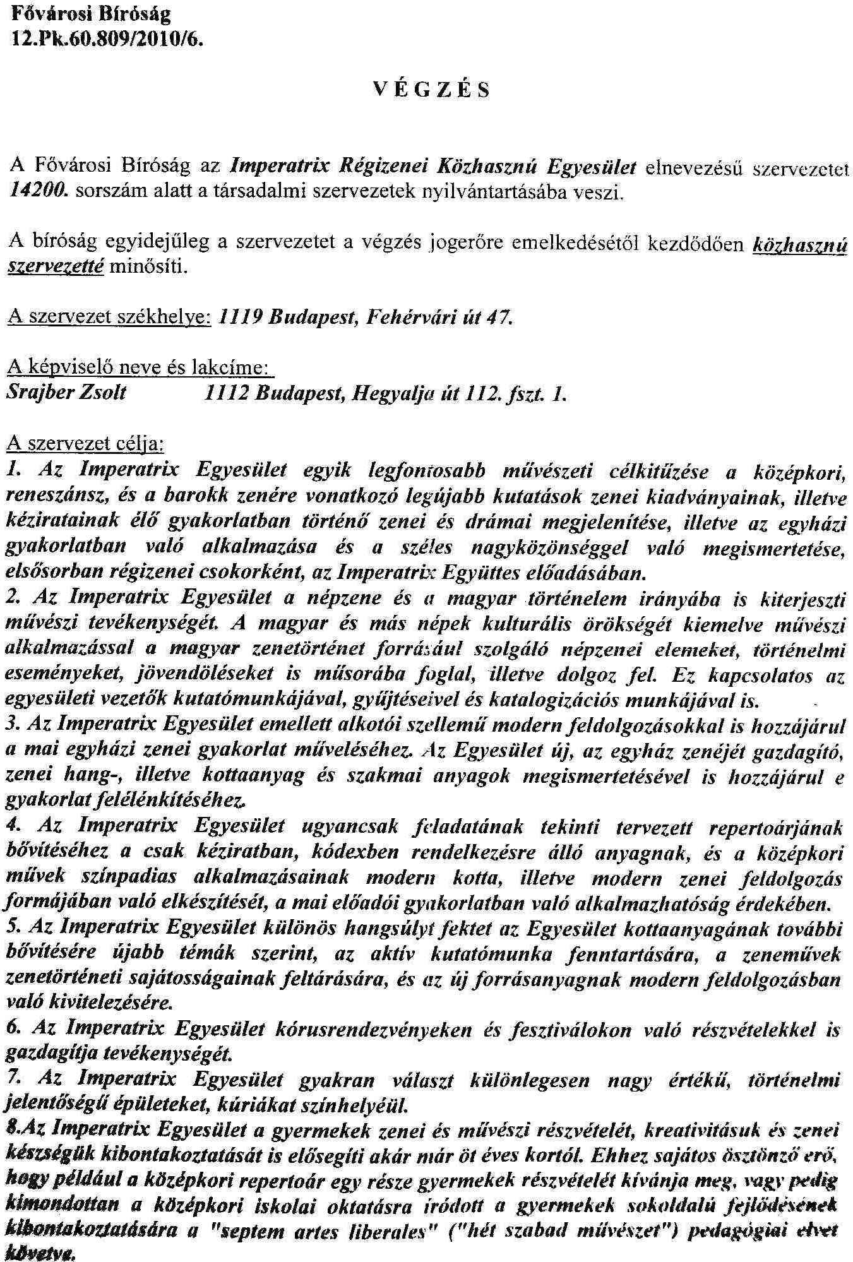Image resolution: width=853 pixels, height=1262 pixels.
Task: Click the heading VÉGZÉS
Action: point(431,91)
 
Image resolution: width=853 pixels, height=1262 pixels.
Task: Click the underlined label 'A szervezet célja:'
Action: point(85,443)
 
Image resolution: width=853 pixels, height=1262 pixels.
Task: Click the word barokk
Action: point(193,496)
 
